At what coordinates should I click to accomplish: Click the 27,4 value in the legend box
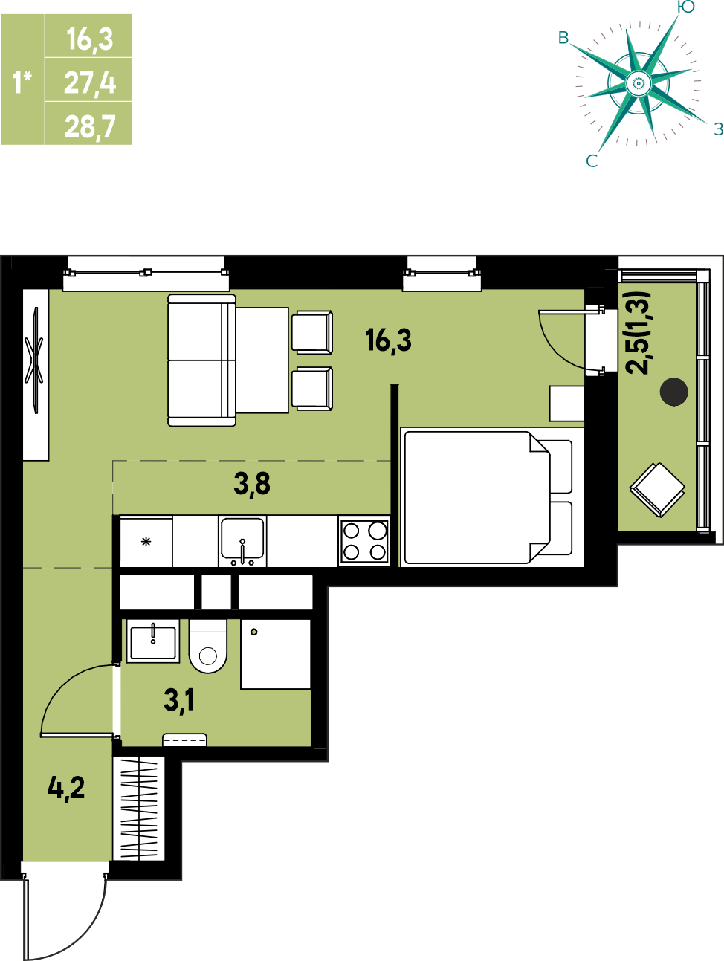(x=90, y=83)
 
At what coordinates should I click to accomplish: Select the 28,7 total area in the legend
(x=90, y=126)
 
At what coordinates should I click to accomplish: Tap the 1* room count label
(x=22, y=82)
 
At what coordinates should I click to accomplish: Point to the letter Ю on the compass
(x=685, y=7)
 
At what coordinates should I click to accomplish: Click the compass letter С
(x=592, y=161)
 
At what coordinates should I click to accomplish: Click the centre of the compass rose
(x=639, y=82)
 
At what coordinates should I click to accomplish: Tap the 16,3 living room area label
(x=388, y=341)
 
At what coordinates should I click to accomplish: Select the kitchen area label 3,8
(x=252, y=485)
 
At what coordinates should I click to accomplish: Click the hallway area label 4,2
(x=66, y=789)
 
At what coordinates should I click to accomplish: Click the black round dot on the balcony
(x=673, y=392)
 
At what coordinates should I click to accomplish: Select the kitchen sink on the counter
(x=242, y=541)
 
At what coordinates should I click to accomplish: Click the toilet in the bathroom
(x=208, y=646)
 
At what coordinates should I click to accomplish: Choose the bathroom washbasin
(x=153, y=641)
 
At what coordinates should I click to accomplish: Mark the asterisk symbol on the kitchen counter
(x=146, y=542)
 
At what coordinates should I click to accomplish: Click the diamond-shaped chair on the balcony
(x=657, y=490)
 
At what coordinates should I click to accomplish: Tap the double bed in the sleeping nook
(x=492, y=497)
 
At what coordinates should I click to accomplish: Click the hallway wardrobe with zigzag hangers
(x=139, y=808)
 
